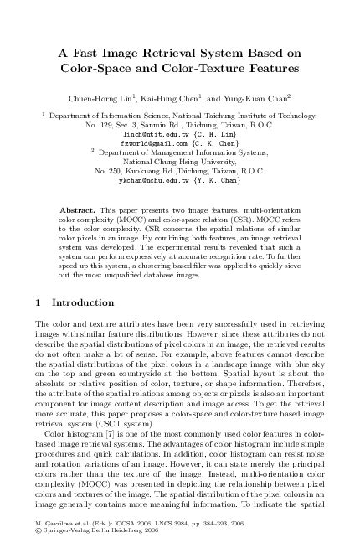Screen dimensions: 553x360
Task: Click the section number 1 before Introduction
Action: (39, 278)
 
